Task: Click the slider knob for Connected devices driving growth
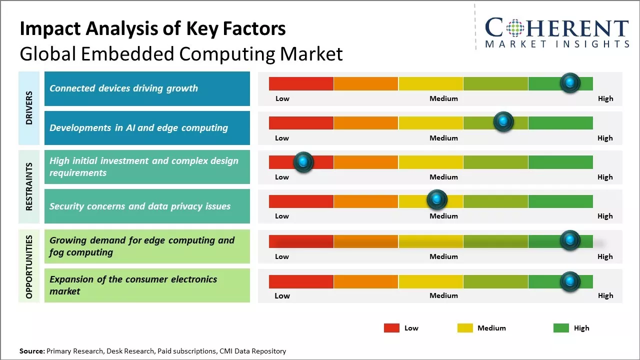tap(570, 82)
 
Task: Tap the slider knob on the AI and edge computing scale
tap(503, 122)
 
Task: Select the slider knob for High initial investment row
tap(303, 162)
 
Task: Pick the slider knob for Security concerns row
tap(437, 200)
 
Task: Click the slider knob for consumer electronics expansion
tap(570, 281)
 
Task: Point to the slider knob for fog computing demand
tap(570, 240)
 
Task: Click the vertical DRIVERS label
tap(29, 108)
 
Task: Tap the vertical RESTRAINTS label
tap(29, 186)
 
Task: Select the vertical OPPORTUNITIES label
tap(29, 266)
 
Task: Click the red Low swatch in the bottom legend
tap(391, 328)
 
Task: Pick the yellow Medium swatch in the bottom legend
tap(465, 328)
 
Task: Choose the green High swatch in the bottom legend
tap(561, 328)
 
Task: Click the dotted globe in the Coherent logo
tap(514, 28)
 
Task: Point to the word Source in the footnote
tap(32, 351)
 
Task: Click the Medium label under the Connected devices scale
tap(443, 98)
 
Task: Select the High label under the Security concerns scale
tap(605, 216)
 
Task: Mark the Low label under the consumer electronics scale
tap(282, 295)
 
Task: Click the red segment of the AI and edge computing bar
tap(301, 122)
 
